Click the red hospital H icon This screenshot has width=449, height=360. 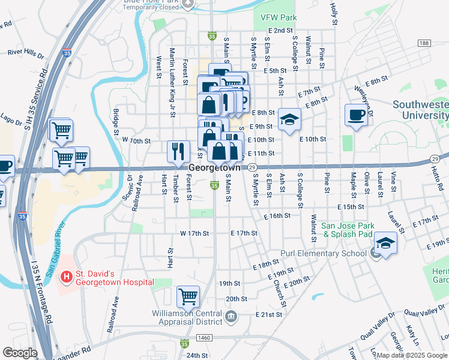pyautogui.click(x=66, y=277)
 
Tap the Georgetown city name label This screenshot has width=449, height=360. pyautogui.click(x=214, y=168)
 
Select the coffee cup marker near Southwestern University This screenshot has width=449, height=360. pyautogui.click(x=356, y=115)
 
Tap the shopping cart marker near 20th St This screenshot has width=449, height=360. pyautogui.click(x=188, y=296)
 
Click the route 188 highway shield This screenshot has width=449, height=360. pyautogui.click(x=424, y=43)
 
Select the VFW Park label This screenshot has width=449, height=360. pyautogui.click(x=275, y=18)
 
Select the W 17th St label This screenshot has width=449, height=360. pyautogui.click(x=194, y=233)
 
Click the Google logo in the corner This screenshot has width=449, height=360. pyautogui.click(x=20, y=353)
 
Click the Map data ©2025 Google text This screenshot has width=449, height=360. pyautogui.click(x=412, y=355)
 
